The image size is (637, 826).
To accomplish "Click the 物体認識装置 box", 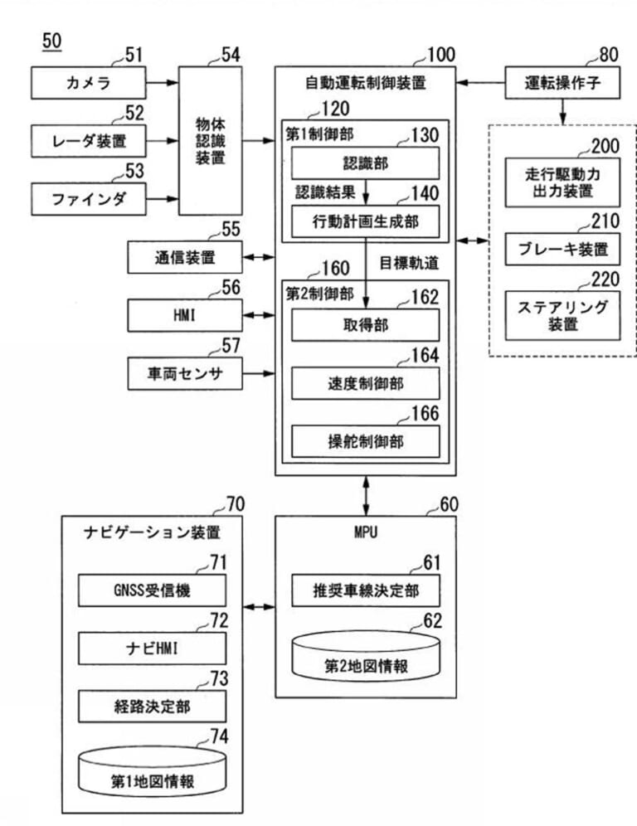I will pos(212,143).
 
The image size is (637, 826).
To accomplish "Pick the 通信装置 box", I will pos(184,258).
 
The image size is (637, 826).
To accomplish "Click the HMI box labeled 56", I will pos(184,315).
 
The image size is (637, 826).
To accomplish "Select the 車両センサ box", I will pos(184,373).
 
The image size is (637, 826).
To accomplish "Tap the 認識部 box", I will pos(364,164).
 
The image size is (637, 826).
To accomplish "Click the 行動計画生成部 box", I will pos(364,221).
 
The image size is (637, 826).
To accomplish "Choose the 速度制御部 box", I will pos(364,384).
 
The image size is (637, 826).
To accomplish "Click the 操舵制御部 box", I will pos(364,440).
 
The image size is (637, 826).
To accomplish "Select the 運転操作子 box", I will pos(562,82).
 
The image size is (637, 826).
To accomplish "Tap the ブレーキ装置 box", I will pos(562,248).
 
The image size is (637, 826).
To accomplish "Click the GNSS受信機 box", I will pos(152,592).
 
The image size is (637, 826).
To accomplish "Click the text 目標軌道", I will pos(409,262).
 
